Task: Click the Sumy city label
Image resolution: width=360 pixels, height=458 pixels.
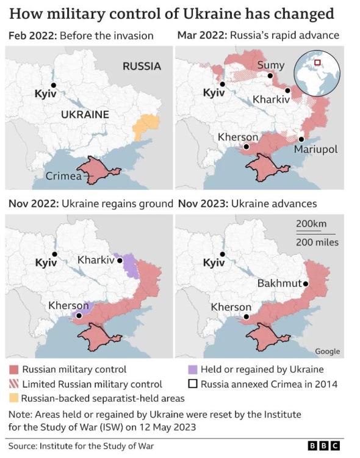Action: [x=270, y=65]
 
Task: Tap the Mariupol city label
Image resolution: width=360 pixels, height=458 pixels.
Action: [x=315, y=149]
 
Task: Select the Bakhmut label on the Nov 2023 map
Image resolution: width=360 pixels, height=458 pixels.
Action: [x=279, y=283]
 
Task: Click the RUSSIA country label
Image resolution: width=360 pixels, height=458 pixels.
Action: [x=142, y=66]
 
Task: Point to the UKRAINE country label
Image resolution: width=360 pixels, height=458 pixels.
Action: [x=85, y=114]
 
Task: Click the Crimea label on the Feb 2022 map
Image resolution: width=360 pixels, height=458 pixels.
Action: [x=63, y=176]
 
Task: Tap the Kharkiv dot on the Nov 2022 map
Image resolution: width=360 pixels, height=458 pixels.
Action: [x=120, y=260]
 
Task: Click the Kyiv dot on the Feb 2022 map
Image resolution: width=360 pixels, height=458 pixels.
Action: [x=54, y=85]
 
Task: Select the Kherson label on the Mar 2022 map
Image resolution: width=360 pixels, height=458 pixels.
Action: [x=238, y=137]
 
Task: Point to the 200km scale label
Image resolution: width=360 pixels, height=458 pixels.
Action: [x=311, y=224]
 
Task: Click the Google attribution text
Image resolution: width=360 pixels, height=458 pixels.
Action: [x=327, y=351]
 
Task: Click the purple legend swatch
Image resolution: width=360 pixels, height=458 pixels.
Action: [x=192, y=369]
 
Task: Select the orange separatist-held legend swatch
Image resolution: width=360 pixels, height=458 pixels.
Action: [x=13, y=398]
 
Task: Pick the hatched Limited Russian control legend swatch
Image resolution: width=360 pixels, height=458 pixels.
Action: [x=13, y=384]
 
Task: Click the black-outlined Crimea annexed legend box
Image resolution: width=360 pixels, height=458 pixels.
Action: [x=192, y=384]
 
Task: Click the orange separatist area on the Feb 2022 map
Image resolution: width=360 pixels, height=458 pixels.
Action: [x=146, y=126]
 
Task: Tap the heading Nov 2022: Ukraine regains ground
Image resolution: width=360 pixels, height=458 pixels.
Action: [x=91, y=203]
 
